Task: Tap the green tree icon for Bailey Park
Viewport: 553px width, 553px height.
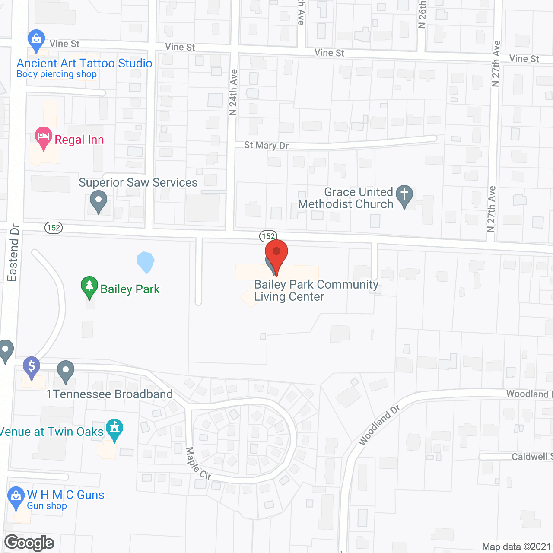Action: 89,287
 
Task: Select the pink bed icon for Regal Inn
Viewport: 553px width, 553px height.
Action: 43,138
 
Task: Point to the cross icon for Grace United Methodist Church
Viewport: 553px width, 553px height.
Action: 404,197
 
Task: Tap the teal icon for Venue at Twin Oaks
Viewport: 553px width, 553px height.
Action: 114,430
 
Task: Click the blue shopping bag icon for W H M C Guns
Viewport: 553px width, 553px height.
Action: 16,497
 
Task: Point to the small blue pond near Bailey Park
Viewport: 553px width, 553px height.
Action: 146,262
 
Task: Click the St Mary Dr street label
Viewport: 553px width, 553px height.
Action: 266,145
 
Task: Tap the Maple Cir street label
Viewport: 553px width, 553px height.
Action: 198,464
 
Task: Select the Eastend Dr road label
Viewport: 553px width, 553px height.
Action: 13,253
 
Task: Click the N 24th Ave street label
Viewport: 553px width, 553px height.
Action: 233,92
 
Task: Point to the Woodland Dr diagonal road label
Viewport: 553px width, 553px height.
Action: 379,425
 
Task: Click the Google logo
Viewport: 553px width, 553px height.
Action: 29,543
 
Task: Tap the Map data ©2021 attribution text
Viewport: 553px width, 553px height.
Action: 516,547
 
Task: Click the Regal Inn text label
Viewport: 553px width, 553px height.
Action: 79,140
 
